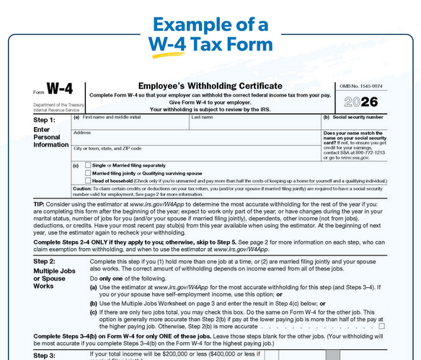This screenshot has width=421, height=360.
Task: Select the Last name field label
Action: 203,116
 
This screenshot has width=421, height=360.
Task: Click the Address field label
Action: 82,132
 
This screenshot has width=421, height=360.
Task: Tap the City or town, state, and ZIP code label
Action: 107,148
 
